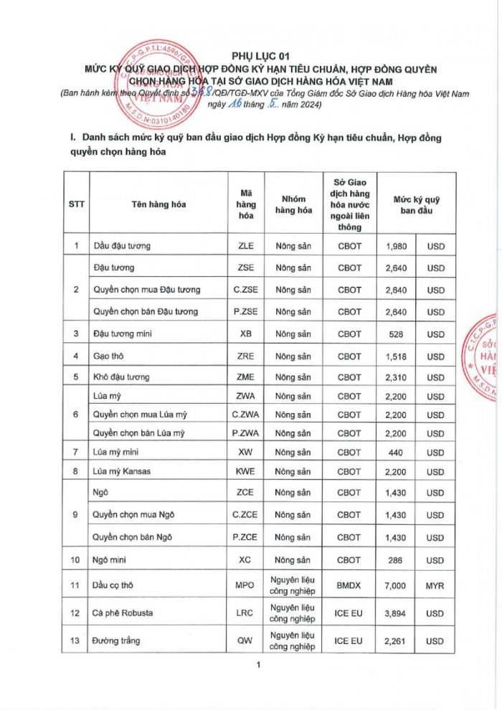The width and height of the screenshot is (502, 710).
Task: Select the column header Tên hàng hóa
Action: point(158,204)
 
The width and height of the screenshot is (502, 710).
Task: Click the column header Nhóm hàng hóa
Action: point(293,204)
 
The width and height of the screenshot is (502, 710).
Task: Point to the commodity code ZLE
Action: point(245,246)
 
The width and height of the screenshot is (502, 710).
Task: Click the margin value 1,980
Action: point(397,246)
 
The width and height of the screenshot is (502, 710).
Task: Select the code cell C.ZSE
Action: point(245,290)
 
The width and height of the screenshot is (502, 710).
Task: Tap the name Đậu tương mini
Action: point(123,333)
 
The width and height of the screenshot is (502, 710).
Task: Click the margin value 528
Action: point(397,333)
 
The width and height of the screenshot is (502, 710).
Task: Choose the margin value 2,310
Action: point(397,377)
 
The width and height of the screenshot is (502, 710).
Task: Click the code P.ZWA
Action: point(245,433)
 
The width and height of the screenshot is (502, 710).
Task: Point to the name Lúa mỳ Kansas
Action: point(122,471)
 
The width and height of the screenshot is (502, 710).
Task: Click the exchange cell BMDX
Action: point(349,585)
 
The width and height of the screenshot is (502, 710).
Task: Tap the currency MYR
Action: point(435,585)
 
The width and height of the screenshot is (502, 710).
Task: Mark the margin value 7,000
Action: point(397,585)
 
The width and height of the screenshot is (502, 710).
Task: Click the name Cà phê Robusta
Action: point(123,613)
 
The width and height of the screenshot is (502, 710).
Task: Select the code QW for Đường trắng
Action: point(245,640)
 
